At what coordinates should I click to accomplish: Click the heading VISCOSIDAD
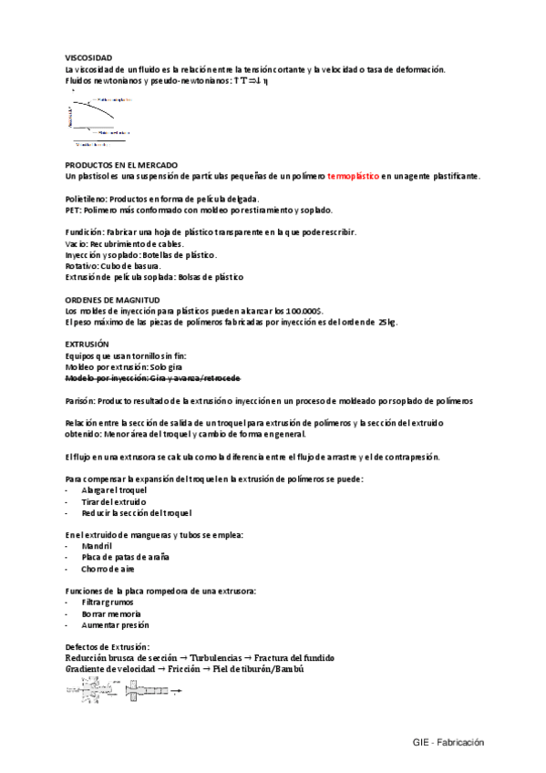(89, 57)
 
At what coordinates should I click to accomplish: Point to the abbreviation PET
(73, 210)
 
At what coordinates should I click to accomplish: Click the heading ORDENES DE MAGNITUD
(112, 299)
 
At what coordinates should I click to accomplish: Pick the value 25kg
(386, 322)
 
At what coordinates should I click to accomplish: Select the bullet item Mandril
(96, 545)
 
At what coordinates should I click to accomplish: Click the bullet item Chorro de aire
(108, 567)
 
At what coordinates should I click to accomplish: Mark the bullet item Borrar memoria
(111, 613)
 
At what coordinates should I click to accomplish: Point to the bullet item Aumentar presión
(115, 624)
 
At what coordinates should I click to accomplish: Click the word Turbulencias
(216, 657)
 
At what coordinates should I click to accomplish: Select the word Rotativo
(84, 265)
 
